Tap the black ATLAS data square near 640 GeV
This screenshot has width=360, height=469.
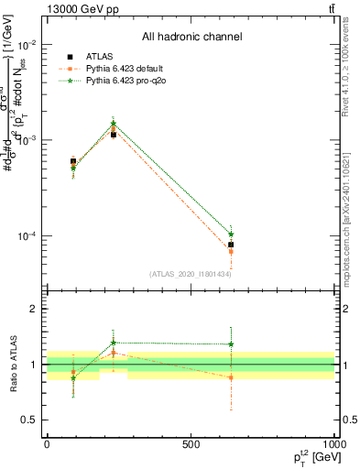tap(231, 245)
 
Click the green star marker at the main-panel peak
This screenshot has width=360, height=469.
tap(113, 124)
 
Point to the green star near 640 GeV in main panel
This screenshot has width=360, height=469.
tap(231, 234)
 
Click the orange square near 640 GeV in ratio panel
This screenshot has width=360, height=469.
tap(231, 377)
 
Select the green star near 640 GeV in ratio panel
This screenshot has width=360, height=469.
tap(231, 344)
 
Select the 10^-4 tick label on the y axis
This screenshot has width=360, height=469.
tap(27, 236)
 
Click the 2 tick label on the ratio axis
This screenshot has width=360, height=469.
tap(34, 310)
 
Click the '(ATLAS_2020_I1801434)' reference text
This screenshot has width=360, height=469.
tap(191, 274)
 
